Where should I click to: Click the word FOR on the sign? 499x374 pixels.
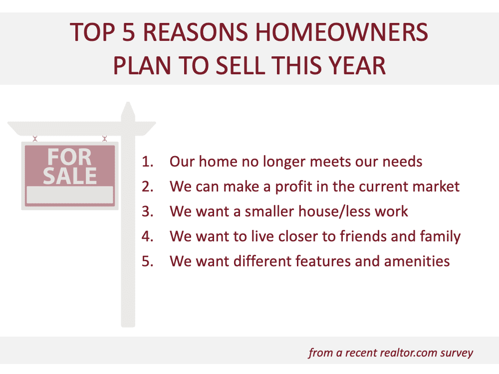pyautogui.click(x=70, y=157)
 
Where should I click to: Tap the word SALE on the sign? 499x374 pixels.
pyautogui.click(x=70, y=176)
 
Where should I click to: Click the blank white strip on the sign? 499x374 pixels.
pyautogui.click(x=70, y=194)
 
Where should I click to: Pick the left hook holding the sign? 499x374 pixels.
pyautogui.click(x=35, y=138)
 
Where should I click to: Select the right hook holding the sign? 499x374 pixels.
pyautogui.click(x=104, y=138)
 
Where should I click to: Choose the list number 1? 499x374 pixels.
pyautogui.click(x=148, y=162)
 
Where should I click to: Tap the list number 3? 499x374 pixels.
pyautogui.click(x=148, y=211)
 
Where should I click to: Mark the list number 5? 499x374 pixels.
pyautogui.click(x=148, y=261)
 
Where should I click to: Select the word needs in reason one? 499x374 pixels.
pyautogui.click(x=402, y=162)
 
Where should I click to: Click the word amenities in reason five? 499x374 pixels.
pyautogui.click(x=417, y=261)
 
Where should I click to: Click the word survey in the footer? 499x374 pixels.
pyautogui.click(x=457, y=354)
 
